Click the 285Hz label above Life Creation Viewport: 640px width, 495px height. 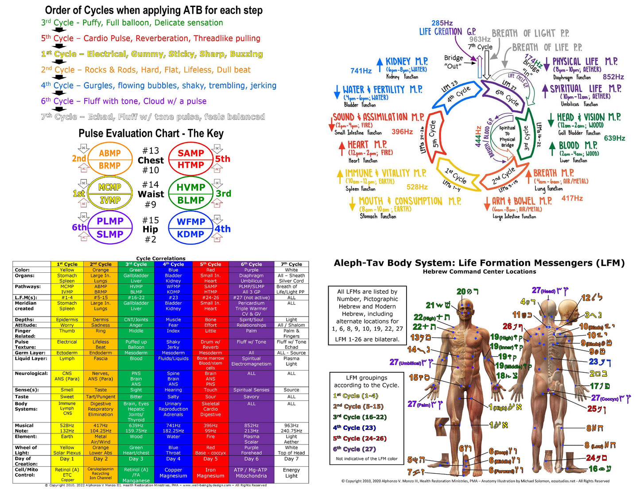point(442,23)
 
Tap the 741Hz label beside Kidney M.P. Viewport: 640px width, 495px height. point(361,71)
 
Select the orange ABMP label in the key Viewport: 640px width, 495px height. point(110,153)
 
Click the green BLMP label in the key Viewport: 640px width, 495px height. point(190,201)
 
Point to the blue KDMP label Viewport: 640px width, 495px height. point(190,234)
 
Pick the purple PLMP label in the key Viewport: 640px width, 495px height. point(110,221)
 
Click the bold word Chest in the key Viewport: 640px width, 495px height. point(151,160)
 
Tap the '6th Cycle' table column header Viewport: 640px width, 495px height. point(251,264)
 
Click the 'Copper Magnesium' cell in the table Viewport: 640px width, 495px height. point(173,473)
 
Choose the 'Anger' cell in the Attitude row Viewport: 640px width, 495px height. point(136,325)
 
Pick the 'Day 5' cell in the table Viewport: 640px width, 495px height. point(210,459)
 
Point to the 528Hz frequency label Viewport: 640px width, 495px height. point(417,187)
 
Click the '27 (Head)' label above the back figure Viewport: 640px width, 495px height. point(544,291)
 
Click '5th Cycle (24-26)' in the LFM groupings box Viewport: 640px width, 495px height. point(360,438)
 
